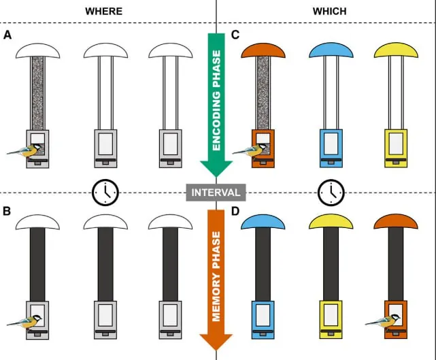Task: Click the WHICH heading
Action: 329,11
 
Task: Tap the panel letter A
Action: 7,34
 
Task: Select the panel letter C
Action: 235,34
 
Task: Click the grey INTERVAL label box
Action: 216,193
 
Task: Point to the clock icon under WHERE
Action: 105,193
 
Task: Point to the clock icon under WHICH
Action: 330,193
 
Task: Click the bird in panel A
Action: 24,149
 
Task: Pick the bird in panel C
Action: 250,149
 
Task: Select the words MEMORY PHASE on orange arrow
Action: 216,276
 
